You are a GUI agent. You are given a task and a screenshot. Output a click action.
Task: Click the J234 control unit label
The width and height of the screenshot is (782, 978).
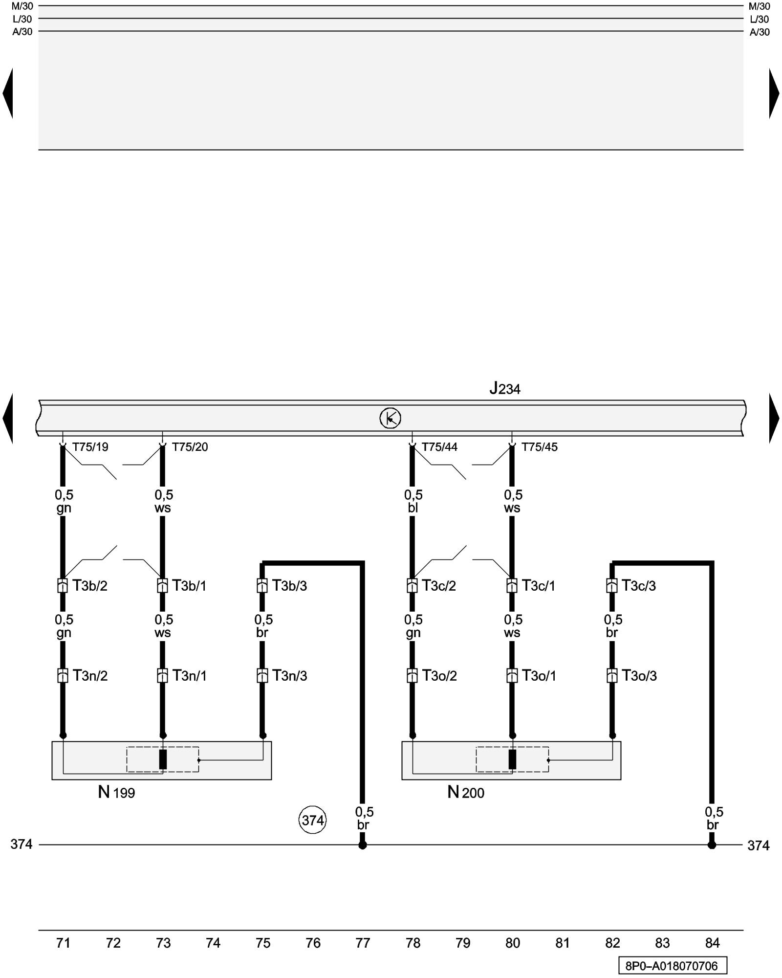point(505,389)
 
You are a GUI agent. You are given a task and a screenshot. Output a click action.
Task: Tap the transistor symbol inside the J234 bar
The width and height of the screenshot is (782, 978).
point(390,418)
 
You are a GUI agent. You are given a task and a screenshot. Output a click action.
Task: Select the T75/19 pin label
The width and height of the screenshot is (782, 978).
point(90,447)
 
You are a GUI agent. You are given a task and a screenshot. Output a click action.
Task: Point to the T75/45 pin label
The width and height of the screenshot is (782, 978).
point(539,447)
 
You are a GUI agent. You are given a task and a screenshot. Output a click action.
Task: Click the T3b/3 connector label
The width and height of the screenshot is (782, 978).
point(289,585)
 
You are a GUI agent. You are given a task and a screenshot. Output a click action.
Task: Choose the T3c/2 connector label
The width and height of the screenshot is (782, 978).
point(439,585)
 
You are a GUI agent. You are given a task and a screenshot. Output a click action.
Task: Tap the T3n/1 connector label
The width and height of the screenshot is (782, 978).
point(189,675)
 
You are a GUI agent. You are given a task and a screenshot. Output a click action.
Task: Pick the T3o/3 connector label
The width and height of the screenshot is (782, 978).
point(639,675)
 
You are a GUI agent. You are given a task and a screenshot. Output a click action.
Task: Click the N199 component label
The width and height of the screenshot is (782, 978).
point(116,792)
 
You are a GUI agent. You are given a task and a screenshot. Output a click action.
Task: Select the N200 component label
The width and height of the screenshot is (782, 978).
point(466,792)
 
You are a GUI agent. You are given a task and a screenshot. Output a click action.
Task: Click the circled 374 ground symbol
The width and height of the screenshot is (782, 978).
point(312,820)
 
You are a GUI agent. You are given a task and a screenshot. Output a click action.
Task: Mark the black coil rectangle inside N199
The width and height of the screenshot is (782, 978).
point(163,759)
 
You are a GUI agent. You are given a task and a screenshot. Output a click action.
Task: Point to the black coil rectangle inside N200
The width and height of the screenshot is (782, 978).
point(512,759)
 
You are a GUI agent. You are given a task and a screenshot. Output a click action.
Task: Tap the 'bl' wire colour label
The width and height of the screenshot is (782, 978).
point(413,508)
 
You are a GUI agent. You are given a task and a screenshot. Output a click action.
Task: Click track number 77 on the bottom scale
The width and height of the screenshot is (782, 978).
point(363,943)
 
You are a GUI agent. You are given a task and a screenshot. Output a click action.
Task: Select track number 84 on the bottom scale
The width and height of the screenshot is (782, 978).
point(712,943)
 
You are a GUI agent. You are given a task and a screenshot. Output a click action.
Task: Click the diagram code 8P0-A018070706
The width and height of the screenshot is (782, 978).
point(672,966)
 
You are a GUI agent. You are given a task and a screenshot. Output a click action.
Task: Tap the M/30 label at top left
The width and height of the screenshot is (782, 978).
point(22,6)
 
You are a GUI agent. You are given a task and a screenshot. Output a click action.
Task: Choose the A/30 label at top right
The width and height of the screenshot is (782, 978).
point(760,32)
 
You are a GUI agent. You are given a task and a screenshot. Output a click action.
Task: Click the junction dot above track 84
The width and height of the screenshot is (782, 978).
point(712,845)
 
